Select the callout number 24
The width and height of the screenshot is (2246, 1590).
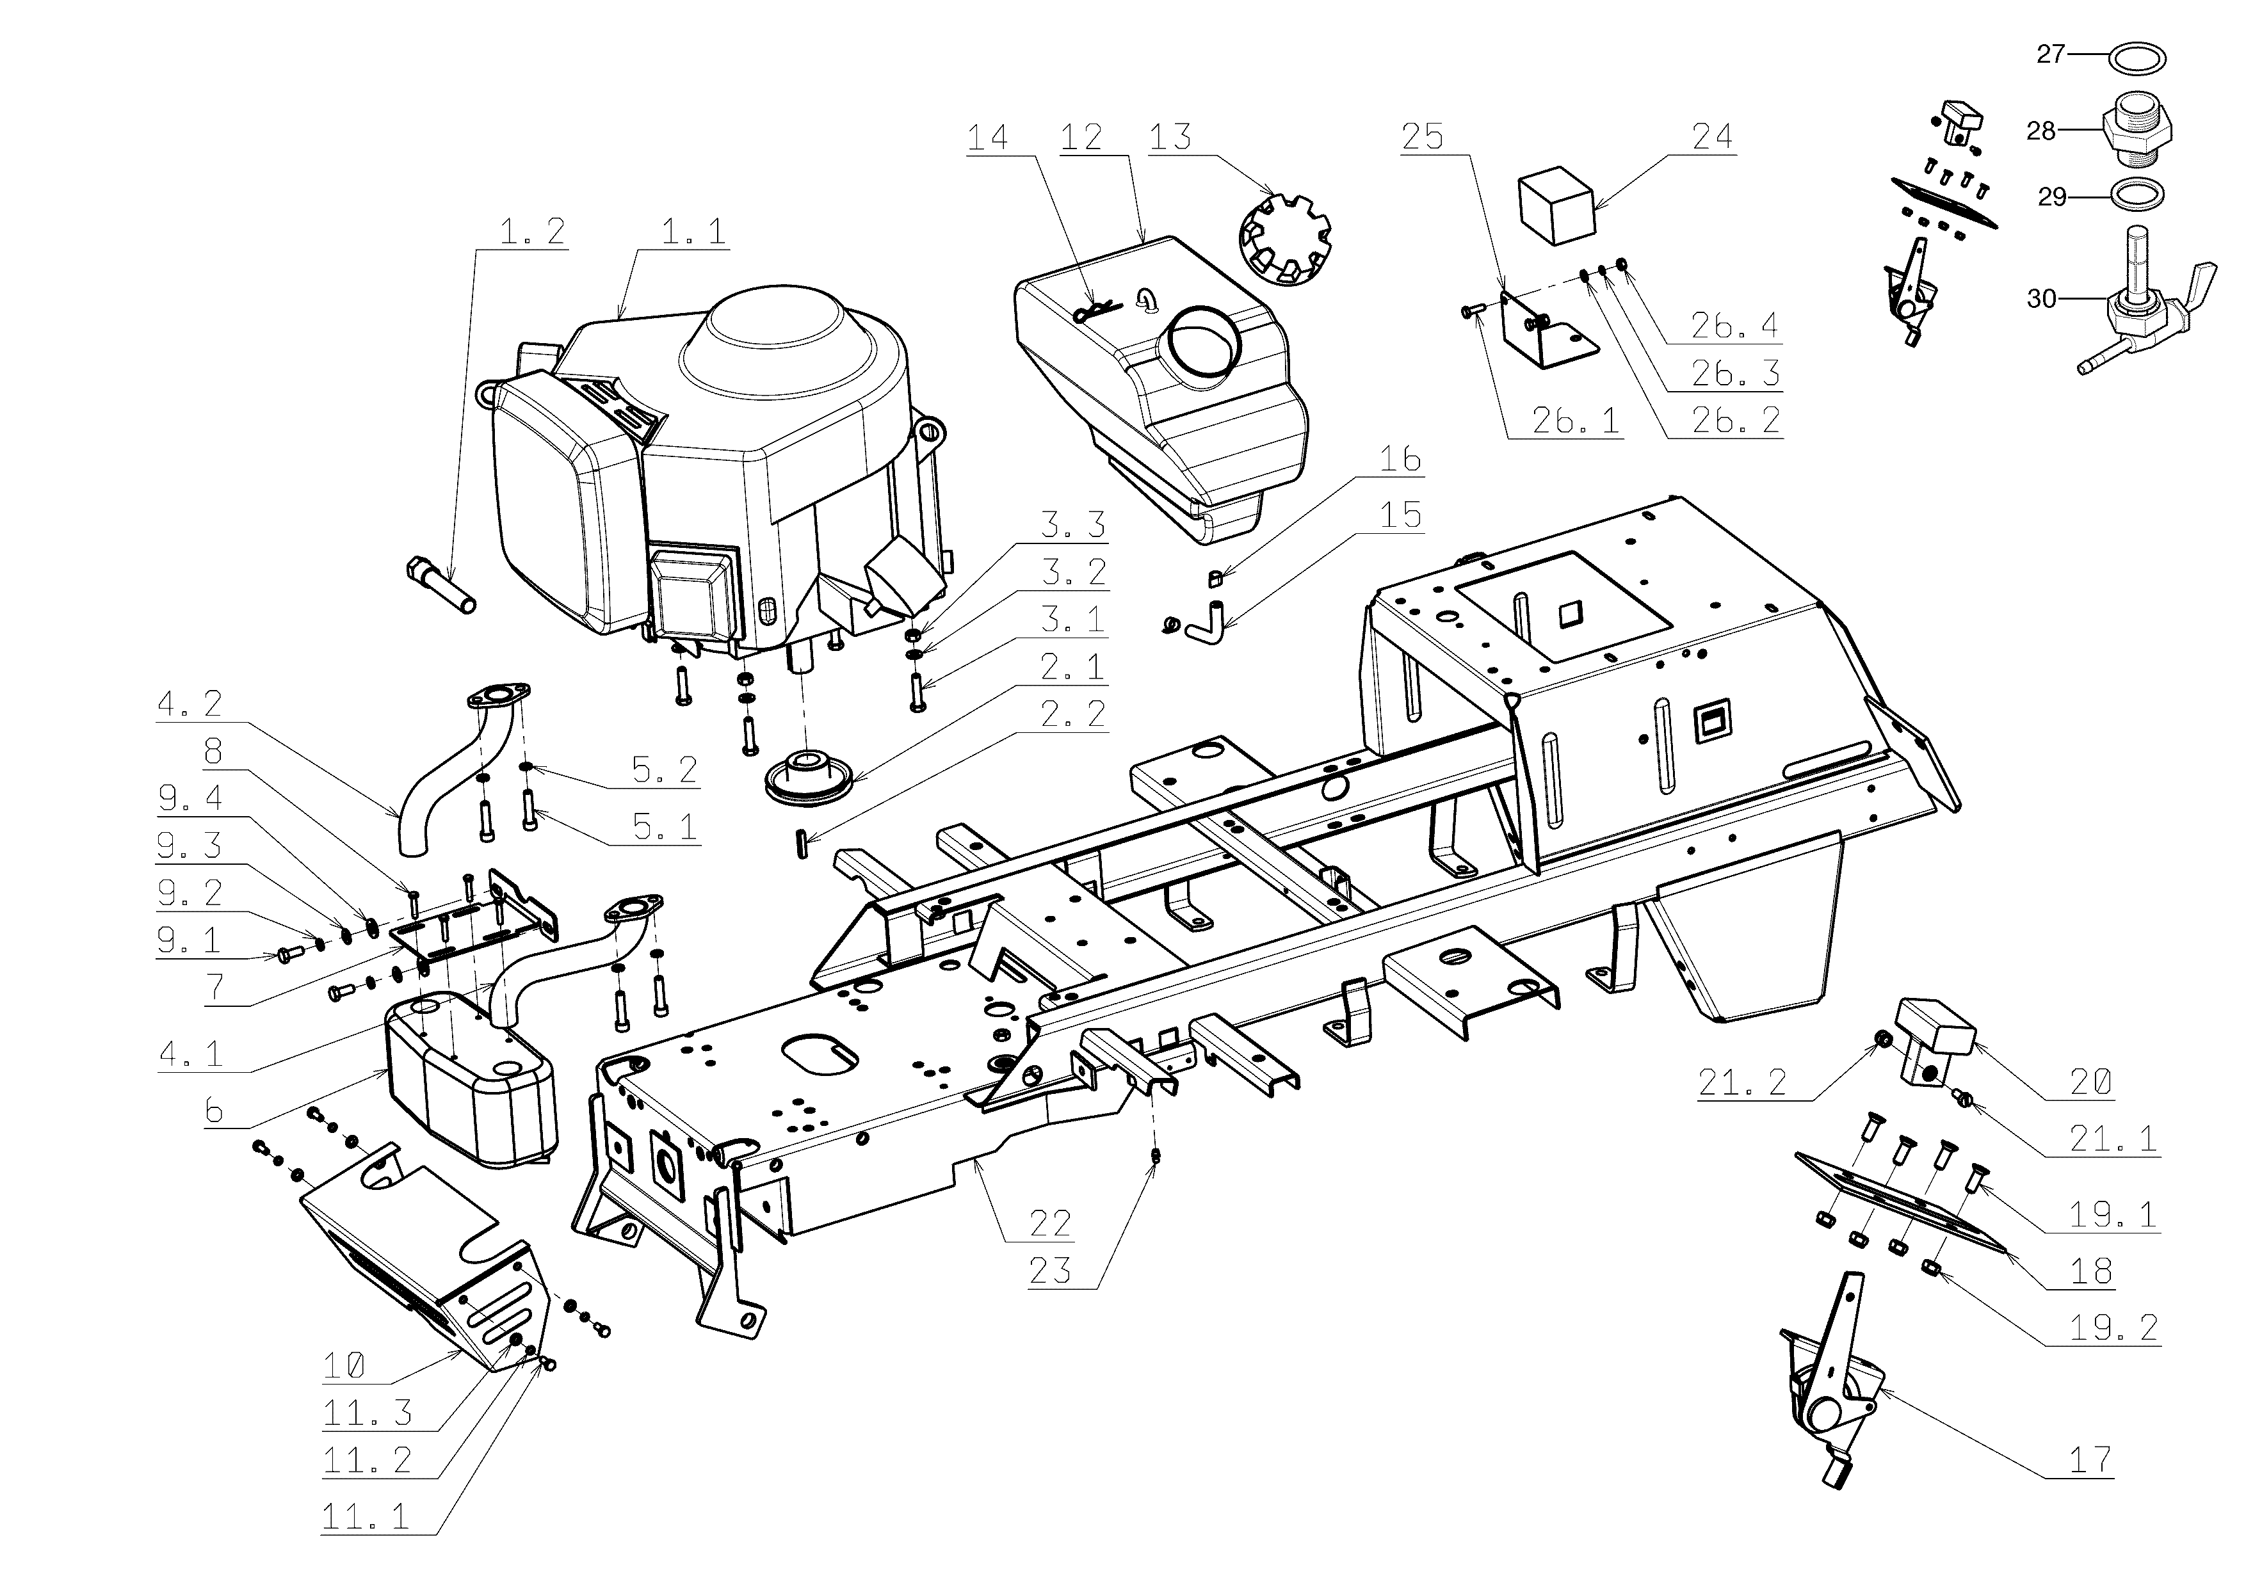pos(1711,136)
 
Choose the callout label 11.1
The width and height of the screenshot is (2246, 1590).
pos(365,1518)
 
